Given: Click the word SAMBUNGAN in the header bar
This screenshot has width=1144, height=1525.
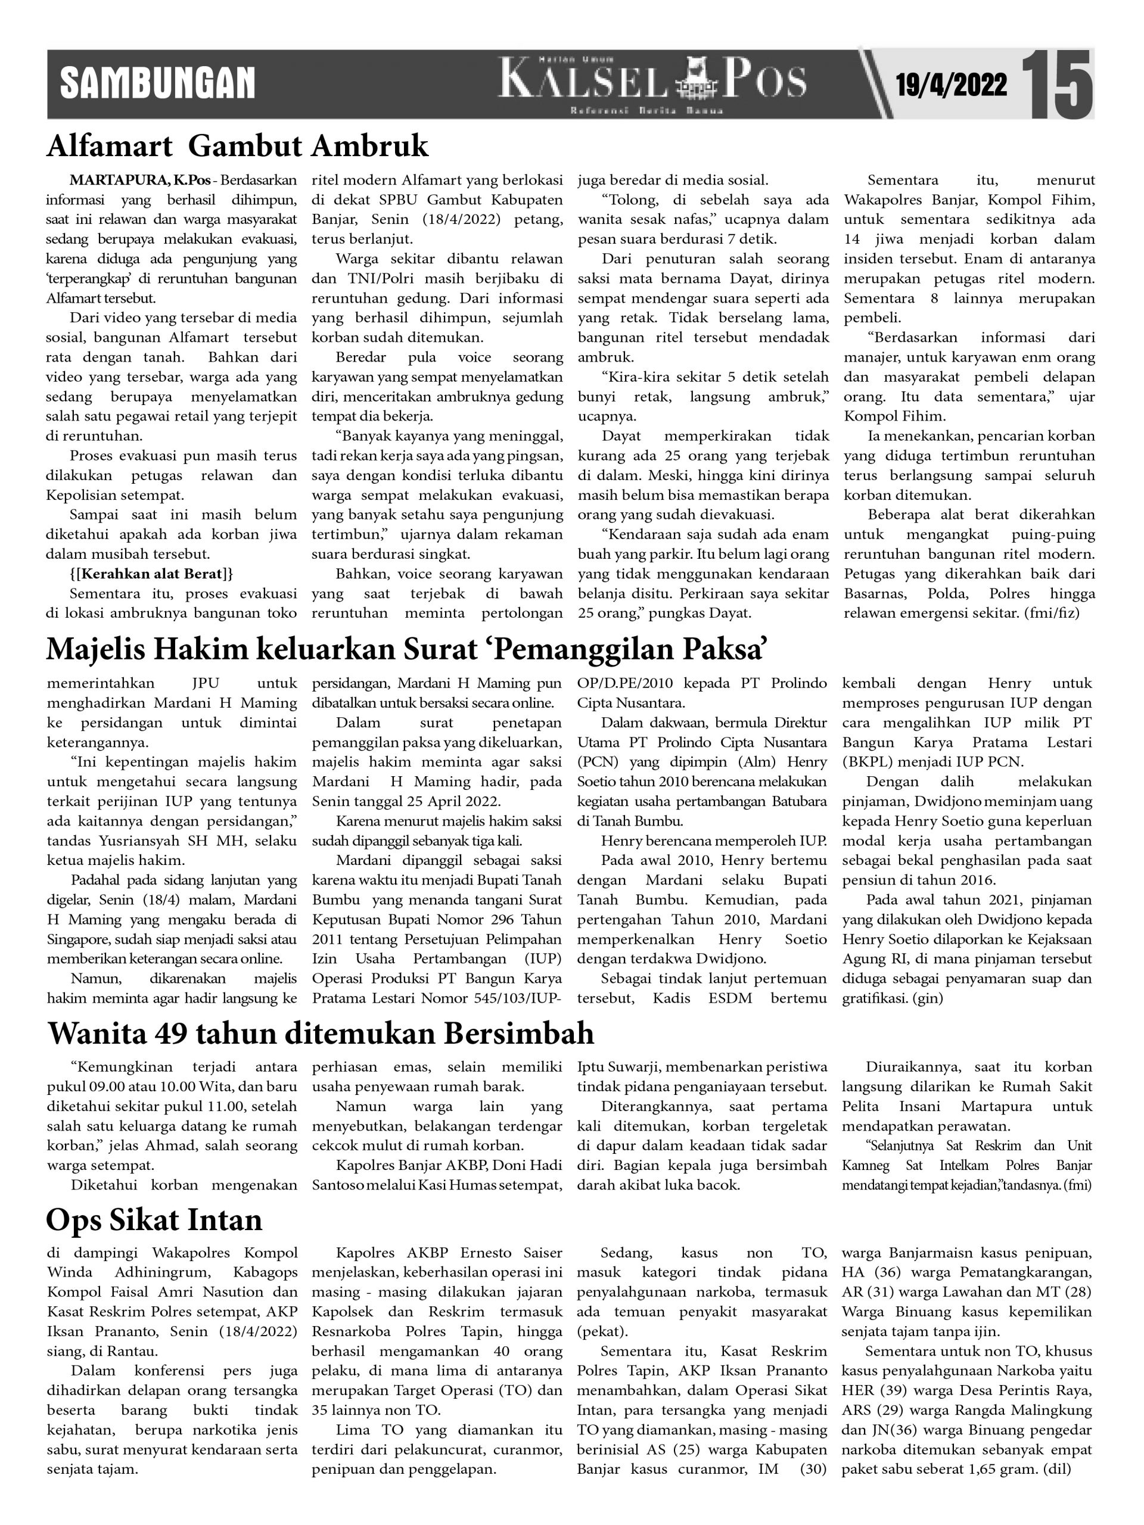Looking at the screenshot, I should [157, 83].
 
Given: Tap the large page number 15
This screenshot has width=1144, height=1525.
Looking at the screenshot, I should [1056, 84].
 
